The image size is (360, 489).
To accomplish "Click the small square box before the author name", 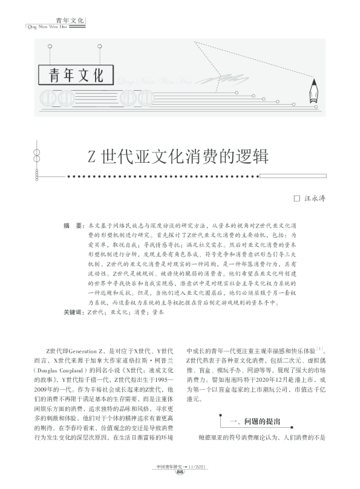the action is pyautogui.click(x=296, y=198).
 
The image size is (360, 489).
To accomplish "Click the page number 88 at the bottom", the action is pyautogui.click(x=180, y=472).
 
